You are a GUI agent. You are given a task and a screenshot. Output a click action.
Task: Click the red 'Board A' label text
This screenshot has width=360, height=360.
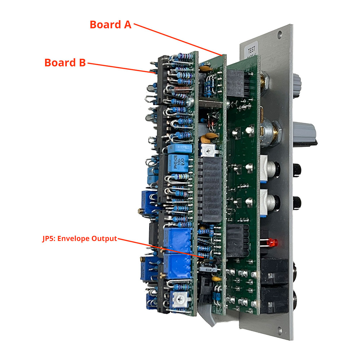pos(111,24)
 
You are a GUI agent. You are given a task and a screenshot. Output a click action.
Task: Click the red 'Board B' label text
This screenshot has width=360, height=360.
pos(65,62)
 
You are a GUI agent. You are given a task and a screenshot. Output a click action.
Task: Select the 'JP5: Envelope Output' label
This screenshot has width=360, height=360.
pos(79,239)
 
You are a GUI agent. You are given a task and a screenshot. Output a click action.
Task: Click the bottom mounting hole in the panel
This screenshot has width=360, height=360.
pos(280,329)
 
